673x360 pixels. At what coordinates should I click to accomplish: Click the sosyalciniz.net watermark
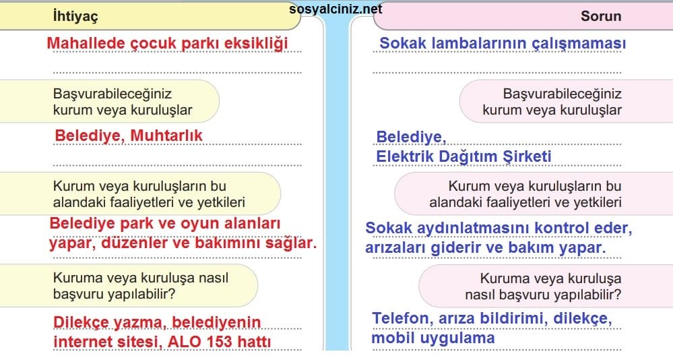click(x=335, y=9)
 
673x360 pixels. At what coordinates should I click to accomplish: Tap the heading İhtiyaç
click(x=75, y=16)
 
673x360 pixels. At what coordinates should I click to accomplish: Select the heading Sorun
click(x=601, y=16)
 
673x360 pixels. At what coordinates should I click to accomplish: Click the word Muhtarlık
click(x=166, y=136)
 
